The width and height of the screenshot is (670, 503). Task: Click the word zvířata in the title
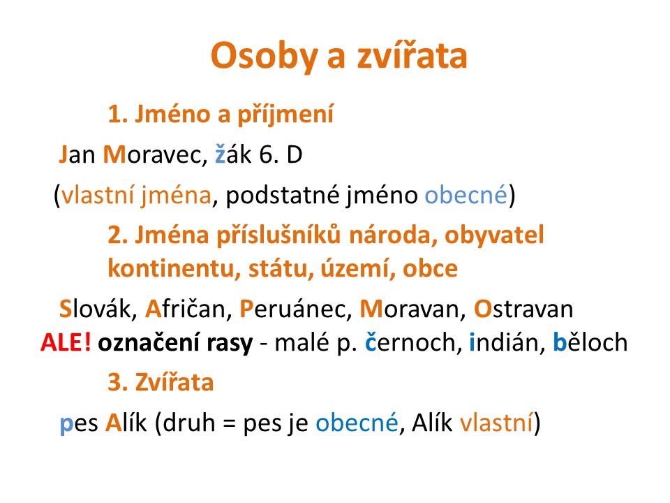coord(412,56)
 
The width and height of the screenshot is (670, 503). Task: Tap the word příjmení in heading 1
coord(285,114)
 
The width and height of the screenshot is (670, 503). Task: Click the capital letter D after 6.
coord(295,155)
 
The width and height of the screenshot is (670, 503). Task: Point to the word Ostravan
coord(523,309)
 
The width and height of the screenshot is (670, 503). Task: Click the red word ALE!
coord(66,342)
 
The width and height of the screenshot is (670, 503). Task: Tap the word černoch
coord(410,342)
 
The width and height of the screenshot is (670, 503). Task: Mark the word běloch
coord(590,342)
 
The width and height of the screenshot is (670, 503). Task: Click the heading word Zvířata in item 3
coord(174,381)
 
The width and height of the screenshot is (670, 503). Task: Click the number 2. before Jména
coord(117,235)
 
